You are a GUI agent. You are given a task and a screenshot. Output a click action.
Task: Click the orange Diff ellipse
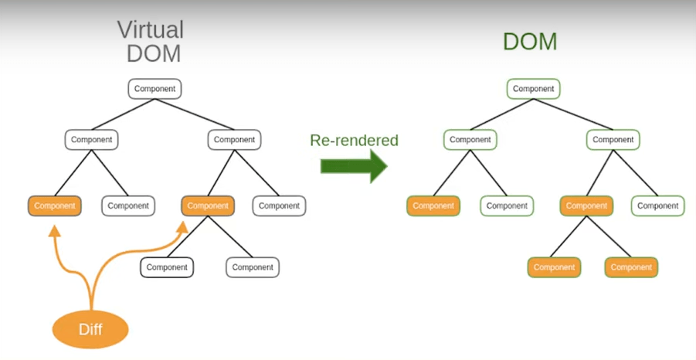tap(90, 330)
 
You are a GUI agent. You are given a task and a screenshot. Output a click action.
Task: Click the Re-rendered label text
tap(354, 141)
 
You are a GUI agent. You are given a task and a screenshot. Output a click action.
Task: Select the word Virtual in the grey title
tap(151, 30)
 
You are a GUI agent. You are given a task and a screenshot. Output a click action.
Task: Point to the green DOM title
tap(530, 41)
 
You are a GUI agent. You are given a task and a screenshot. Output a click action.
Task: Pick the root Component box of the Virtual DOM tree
tap(155, 89)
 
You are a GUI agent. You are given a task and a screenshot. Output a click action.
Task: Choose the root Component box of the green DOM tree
tap(534, 89)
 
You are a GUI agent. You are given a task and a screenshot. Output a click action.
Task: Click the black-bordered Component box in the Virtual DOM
tap(167, 267)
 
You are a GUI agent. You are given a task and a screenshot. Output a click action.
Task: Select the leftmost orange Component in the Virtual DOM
tap(55, 206)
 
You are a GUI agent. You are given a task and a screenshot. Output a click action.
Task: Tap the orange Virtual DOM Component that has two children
tap(208, 206)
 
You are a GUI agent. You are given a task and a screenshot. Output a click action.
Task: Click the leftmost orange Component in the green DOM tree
tap(433, 206)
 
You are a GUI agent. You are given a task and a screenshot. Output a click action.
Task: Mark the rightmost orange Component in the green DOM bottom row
tap(631, 267)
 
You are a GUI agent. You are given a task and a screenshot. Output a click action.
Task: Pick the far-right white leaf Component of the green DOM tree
tap(658, 206)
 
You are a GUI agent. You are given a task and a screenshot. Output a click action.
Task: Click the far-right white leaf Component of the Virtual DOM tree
tap(280, 206)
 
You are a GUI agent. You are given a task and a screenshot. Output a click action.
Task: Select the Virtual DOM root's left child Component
tap(92, 140)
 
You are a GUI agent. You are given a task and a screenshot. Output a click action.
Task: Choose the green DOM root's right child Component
tap(613, 140)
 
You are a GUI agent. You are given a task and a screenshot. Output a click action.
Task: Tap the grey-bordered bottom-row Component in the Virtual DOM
tap(253, 267)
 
